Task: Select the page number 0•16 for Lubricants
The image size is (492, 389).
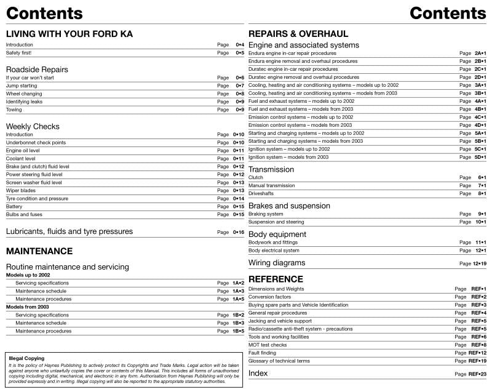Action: [239, 232]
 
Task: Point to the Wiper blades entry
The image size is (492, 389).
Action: [22, 190]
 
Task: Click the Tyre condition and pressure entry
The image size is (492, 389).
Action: [37, 199]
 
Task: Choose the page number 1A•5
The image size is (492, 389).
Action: [238, 299]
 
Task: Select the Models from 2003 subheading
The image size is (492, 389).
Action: [27, 307]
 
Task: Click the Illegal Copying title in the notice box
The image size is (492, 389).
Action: [26, 358]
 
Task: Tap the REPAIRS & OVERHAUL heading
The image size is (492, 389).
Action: [298, 34]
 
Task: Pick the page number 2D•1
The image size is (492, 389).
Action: [480, 77]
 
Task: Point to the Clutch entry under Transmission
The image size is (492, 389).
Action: [255, 177]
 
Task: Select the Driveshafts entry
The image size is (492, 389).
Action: [261, 193]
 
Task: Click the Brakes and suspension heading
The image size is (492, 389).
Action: [289, 206]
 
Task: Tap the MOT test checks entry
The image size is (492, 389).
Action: [268, 345]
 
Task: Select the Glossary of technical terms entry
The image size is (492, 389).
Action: [279, 361]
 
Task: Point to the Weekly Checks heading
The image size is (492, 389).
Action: [33, 126]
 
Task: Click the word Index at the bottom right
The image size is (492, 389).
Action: [258, 374]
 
